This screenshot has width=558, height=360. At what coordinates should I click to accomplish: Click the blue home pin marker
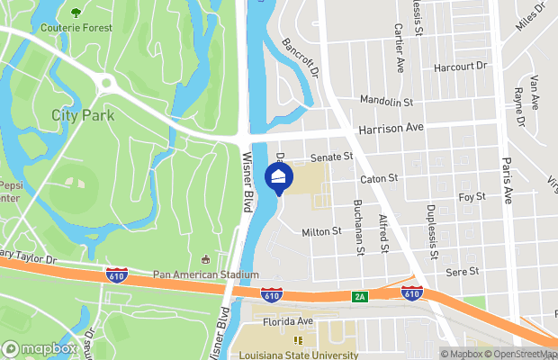coord(279,177)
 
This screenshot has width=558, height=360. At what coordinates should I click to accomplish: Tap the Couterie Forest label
coord(76,28)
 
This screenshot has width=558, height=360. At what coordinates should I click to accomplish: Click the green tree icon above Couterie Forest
coord(75,13)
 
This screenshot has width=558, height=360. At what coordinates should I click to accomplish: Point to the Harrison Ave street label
coord(390,129)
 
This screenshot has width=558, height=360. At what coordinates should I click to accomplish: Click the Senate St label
coord(332,157)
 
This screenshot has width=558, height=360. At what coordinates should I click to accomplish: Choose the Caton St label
coord(379,179)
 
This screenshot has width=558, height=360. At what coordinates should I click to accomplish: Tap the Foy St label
coord(471,196)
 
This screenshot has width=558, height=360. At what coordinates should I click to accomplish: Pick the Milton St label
coord(321,231)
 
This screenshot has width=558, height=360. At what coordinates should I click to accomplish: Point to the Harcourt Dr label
coord(459,66)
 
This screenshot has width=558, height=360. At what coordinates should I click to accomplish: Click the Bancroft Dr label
coord(301,58)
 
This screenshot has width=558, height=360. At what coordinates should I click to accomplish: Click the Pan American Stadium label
coord(206,274)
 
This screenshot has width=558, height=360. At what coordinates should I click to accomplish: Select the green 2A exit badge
coord(360,295)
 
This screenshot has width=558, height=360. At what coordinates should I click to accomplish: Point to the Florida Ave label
coord(288,320)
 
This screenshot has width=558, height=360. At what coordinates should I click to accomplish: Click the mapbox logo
coord(40,348)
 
